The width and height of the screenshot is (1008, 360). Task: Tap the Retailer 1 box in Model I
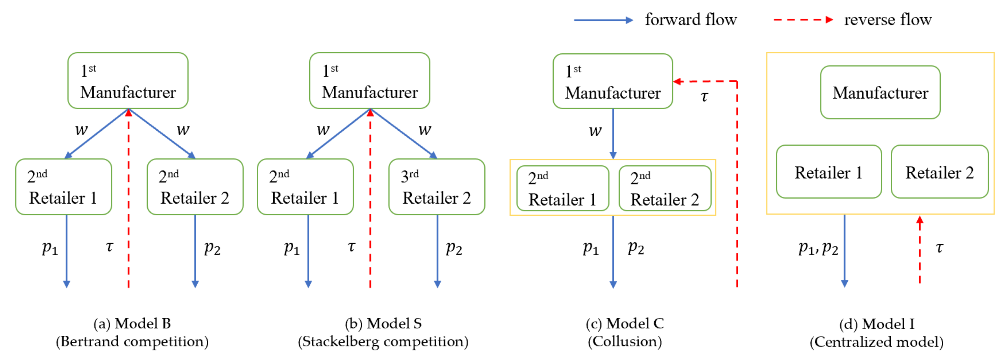coord(828,172)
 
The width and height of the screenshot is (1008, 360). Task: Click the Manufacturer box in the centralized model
coord(880,92)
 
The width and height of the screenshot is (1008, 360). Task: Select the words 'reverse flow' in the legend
coord(888,19)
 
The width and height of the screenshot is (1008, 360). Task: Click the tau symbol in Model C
coord(704,96)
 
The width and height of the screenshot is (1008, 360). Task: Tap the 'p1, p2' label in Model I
coord(818,248)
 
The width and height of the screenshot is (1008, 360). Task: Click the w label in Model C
coord(595,131)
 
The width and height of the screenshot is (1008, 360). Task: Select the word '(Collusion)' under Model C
coord(625,342)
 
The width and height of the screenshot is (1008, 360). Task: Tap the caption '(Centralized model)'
coord(876,342)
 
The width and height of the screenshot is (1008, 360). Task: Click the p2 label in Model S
coord(454,248)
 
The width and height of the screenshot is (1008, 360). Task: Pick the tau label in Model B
coord(110,246)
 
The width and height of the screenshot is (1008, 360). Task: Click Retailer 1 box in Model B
coord(63,187)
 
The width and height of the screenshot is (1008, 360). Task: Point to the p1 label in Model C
coord(590,248)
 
